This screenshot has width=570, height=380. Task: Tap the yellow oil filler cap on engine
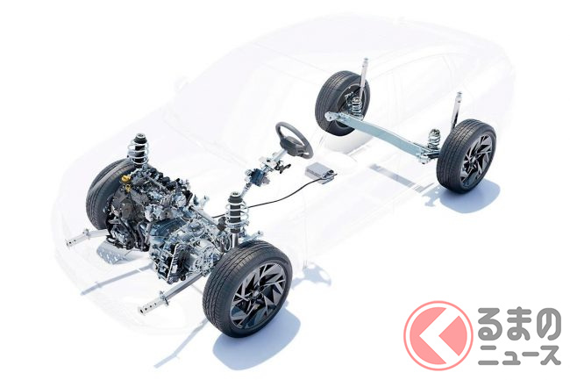click(x=125, y=179)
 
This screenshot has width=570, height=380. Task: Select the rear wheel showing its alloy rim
click(x=467, y=156)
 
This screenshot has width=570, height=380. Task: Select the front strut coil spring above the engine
click(x=139, y=150)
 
